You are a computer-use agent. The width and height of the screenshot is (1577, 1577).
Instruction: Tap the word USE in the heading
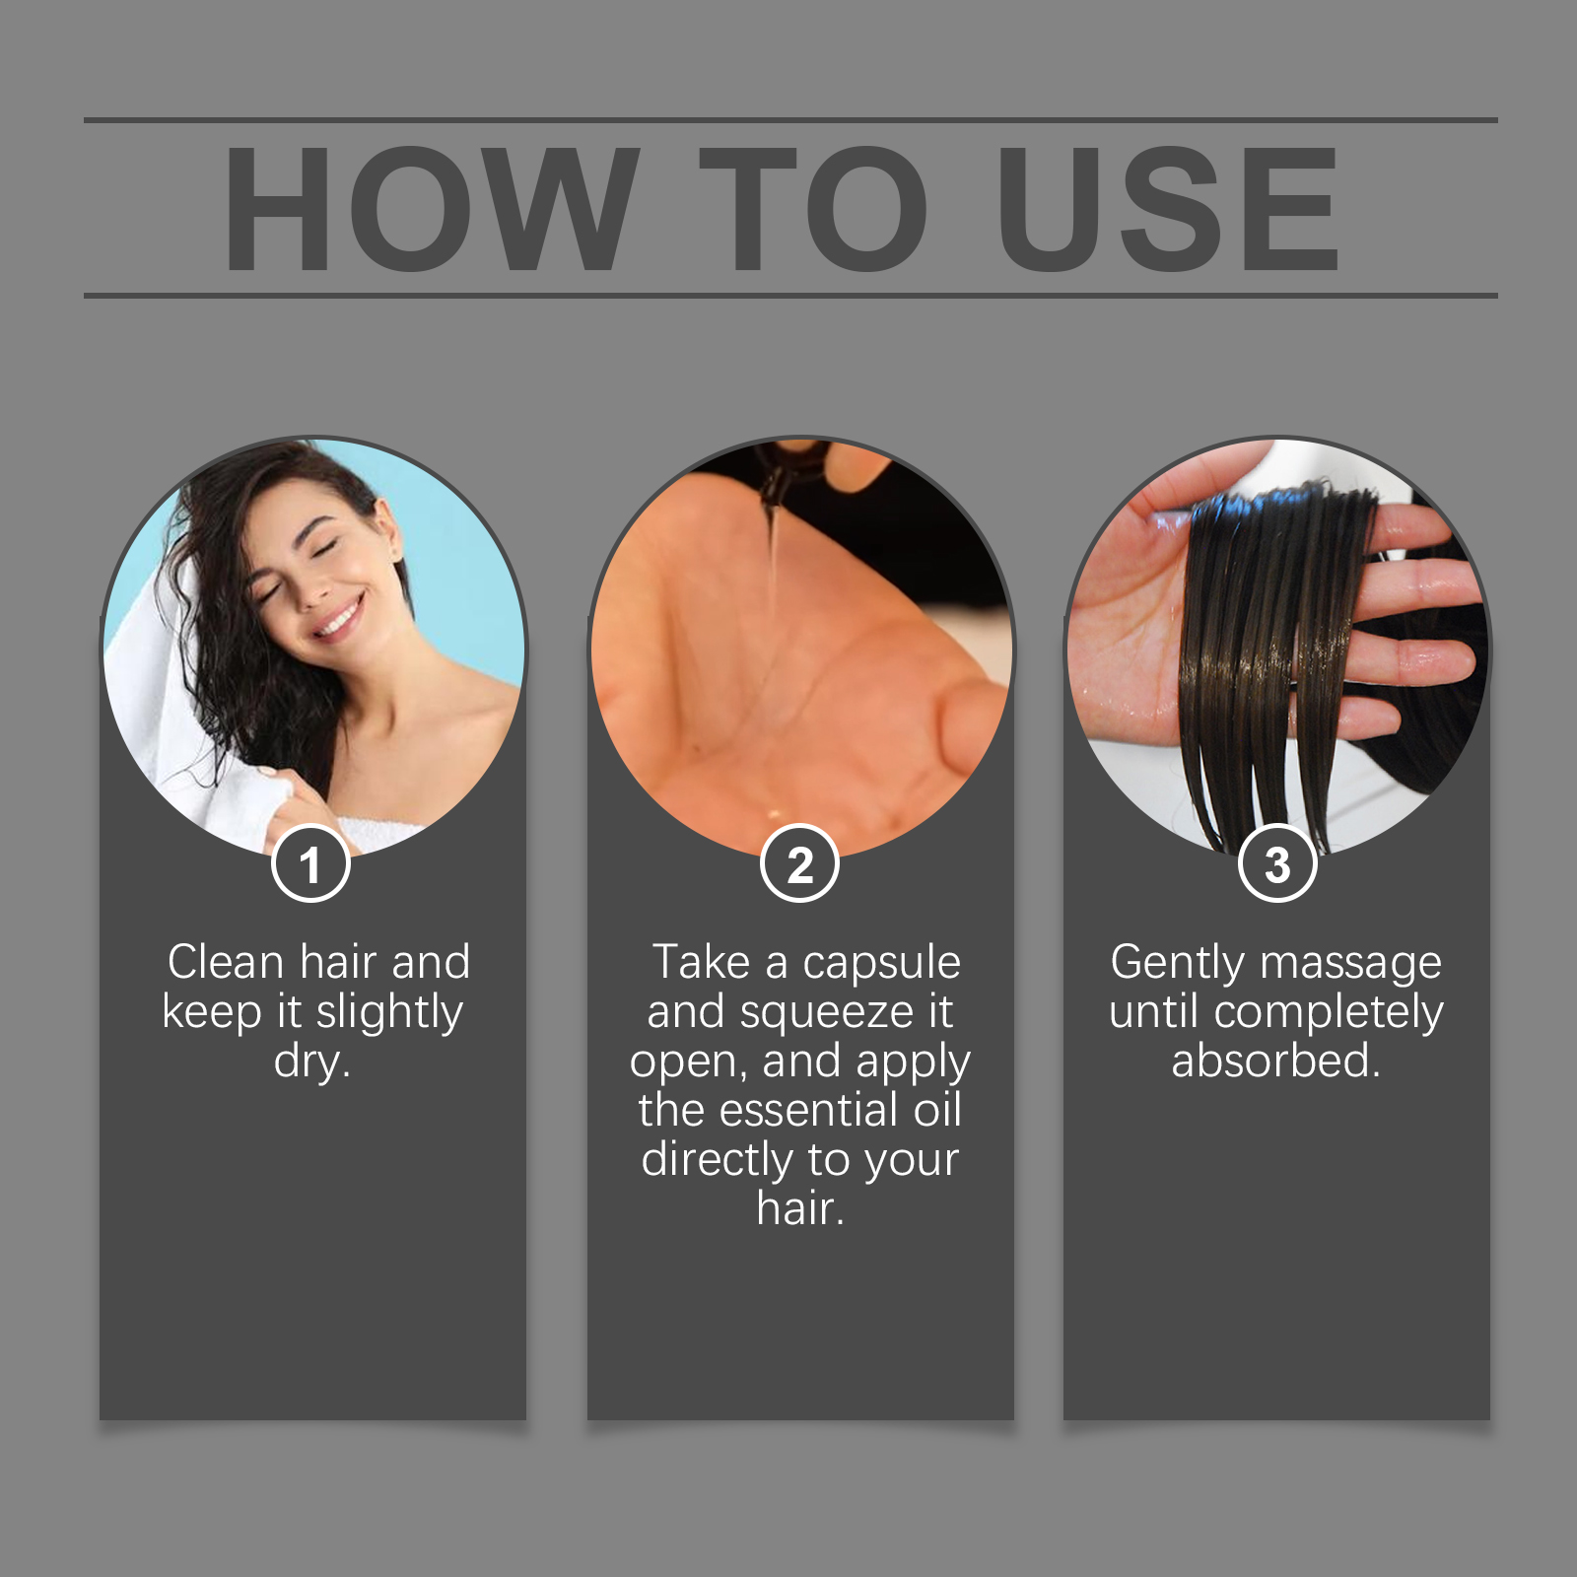pos(1168,209)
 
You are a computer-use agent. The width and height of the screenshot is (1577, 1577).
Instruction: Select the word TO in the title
pos(814,209)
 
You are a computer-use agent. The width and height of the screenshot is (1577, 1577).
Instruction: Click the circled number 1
pos(310,863)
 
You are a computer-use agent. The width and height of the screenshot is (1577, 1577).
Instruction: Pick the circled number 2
pos(799,863)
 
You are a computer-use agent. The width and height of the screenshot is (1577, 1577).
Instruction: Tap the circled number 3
pos(1277,863)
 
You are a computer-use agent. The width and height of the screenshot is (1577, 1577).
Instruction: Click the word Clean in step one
pos(226,962)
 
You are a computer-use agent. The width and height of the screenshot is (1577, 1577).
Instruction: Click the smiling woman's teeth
pos(339,620)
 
